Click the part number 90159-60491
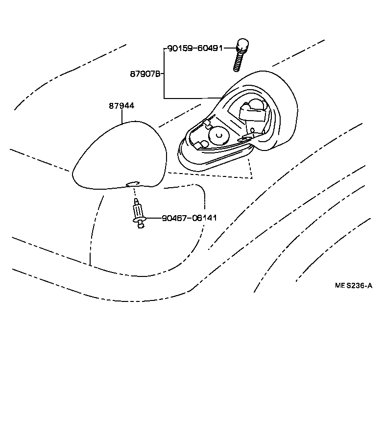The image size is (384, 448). [x=195, y=48]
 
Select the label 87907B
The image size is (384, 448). [x=145, y=74]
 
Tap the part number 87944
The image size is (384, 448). [x=121, y=106]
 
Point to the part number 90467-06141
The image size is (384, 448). [x=189, y=218]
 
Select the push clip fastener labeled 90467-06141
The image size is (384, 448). [x=139, y=214]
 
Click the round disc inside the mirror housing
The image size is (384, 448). [x=217, y=134]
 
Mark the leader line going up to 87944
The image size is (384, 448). [x=122, y=116]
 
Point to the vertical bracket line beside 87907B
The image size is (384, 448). [x=164, y=74]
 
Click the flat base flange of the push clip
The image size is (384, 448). [x=140, y=220]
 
